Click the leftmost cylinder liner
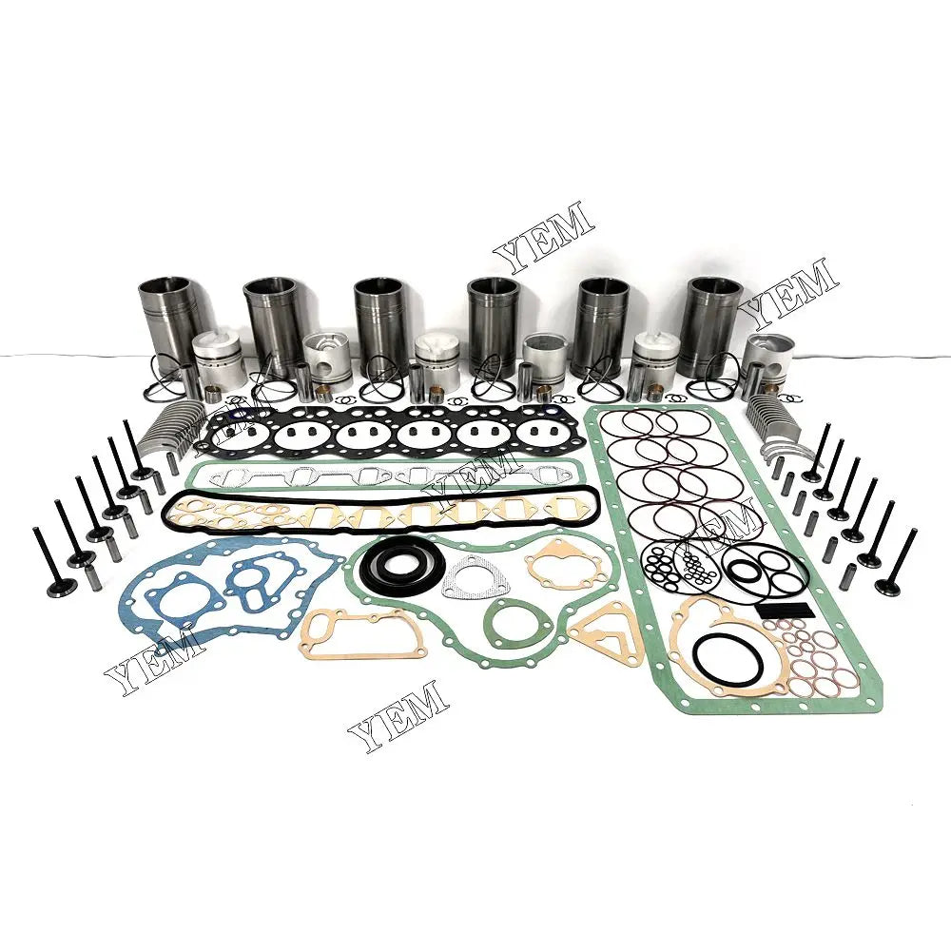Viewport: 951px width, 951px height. [x=168, y=314]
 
